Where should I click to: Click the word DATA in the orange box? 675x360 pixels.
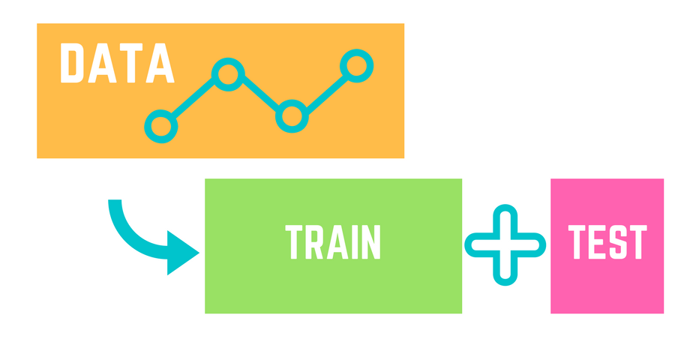[117, 64]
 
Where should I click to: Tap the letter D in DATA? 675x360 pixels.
[73, 64]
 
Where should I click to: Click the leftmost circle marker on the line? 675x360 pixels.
[160, 126]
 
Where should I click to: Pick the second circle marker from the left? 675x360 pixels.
[226, 73]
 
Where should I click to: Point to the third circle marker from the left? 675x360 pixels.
[292, 116]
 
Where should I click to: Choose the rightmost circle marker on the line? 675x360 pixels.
[355, 66]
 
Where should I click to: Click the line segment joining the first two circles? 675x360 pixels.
[193, 100]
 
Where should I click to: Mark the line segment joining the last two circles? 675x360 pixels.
[324, 91]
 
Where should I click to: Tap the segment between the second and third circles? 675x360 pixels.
[259, 94]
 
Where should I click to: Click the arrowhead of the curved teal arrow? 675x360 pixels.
[181, 253]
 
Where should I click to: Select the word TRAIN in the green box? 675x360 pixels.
[334, 242]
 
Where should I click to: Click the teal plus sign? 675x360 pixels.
[505, 244]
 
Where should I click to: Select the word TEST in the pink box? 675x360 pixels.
[607, 242]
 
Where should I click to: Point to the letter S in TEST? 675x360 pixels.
[616, 242]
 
